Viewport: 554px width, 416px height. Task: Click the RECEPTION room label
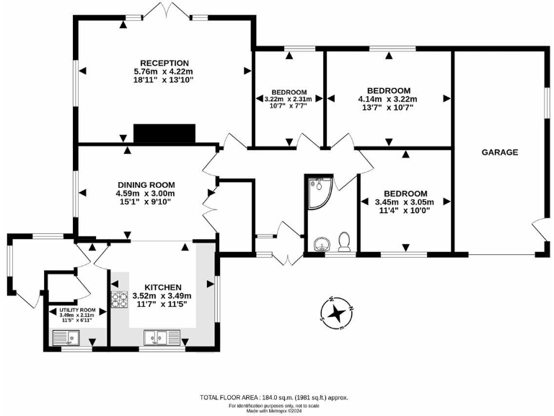point(164,63)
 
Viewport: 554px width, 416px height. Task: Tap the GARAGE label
point(500,152)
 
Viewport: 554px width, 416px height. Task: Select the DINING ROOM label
point(146,184)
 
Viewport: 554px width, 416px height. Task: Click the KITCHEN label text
point(162,287)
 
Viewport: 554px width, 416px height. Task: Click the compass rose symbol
point(335,313)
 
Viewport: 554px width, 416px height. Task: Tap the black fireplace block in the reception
point(164,134)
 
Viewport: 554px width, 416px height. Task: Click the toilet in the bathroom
point(344,242)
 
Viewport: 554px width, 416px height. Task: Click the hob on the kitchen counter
point(117,298)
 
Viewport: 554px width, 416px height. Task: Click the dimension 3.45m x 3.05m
point(405,203)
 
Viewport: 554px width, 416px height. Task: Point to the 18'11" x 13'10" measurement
point(164,82)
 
